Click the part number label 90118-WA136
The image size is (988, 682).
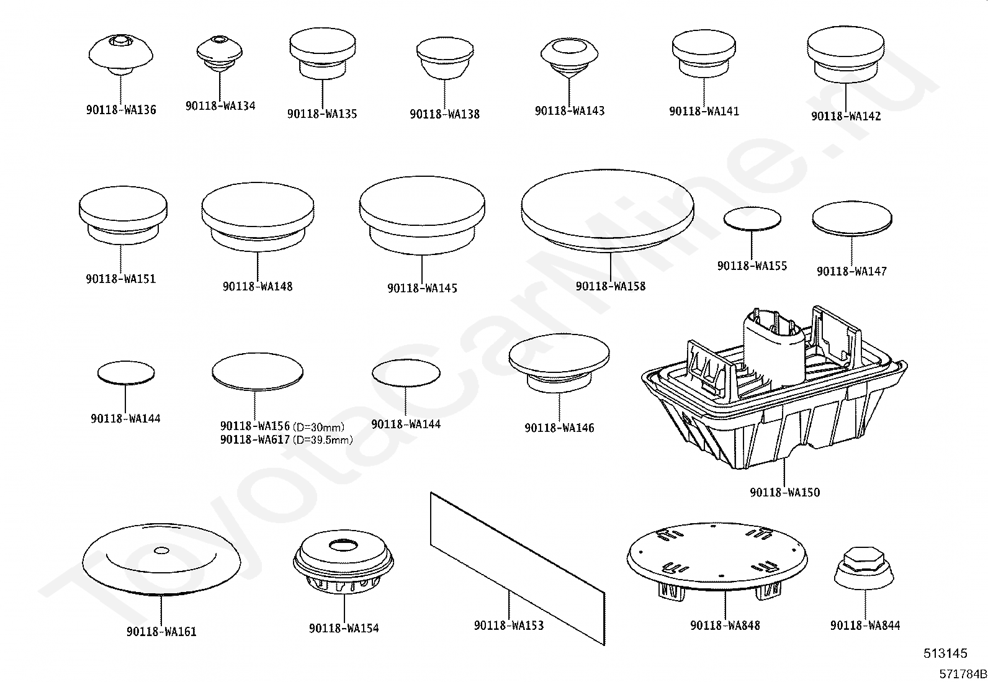click(x=121, y=110)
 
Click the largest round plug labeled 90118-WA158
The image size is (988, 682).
click(x=607, y=211)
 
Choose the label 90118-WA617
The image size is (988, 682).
click(x=255, y=440)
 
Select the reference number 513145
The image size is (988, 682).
click(x=945, y=653)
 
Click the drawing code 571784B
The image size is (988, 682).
click(x=961, y=674)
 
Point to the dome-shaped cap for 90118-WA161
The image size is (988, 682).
click(x=161, y=559)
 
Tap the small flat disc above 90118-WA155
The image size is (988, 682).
click(x=752, y=218)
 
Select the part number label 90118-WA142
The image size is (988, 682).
click(x=846, y=116)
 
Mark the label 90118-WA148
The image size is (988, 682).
click(x=258, y=287)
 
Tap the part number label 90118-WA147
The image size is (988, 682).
click(x=851, y=271)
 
